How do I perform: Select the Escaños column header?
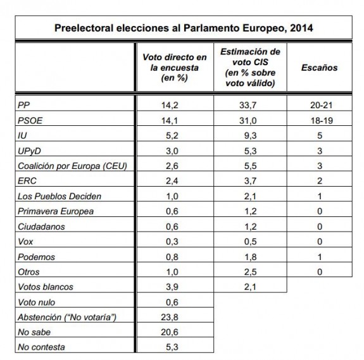point(320,68)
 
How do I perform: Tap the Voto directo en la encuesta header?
point(175,68)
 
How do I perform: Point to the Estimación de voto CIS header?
point(250,67)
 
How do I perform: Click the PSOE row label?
point(30,121)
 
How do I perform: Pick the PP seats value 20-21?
point(322,105)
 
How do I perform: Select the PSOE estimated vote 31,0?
point(248,121)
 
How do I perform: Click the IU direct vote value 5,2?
point(172,135)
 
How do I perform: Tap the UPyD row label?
point(30,151)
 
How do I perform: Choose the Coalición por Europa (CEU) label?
point(72,166)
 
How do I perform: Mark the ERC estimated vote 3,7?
point(250,181)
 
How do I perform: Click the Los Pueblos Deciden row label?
point(60,196)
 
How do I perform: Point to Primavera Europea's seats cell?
point(320,211)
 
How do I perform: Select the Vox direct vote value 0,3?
point(172,242)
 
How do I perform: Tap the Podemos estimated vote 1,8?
point(250,257)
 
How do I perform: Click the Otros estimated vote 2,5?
point(250,272)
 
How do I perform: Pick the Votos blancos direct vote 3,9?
point(172,287)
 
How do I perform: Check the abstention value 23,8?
point(170,317)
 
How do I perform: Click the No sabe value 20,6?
point(170,332)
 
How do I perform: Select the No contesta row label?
point(41,347)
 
